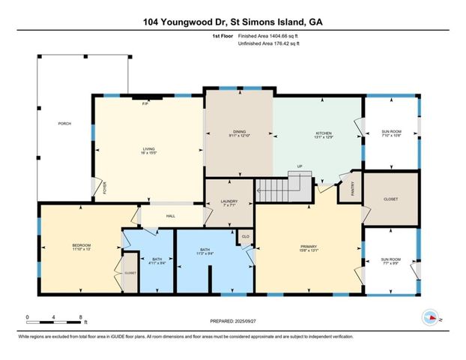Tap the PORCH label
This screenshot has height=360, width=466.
(x=64, y=123)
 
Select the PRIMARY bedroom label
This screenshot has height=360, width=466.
(x=309, y=247)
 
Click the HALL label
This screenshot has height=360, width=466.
(x=170, y=216)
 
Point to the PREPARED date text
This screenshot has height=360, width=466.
(x=233, y=320)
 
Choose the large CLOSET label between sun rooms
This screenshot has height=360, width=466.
(x=390, y=199)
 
